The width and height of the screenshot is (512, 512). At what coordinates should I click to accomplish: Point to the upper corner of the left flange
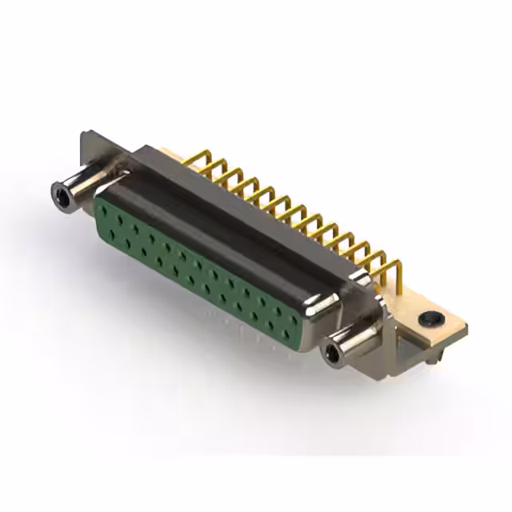(84, 134)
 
